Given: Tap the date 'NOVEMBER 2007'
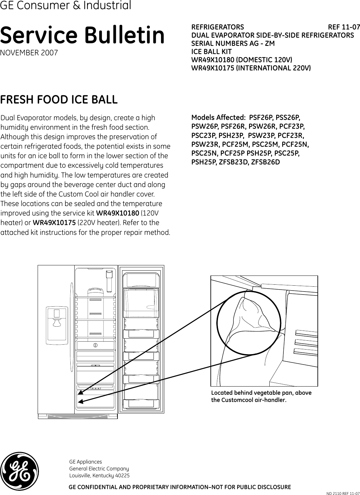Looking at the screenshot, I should coord(29,53).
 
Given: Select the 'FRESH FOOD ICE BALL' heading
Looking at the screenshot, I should coord(59,100).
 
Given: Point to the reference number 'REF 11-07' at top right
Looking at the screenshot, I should coord(344,27).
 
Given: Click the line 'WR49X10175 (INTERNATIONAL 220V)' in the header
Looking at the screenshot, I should coord(251,68).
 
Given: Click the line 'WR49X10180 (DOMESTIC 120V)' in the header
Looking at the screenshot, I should coord(242,60).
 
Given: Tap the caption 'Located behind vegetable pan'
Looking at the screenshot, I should coord(261,393).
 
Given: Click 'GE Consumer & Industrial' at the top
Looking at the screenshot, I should coord(65,6).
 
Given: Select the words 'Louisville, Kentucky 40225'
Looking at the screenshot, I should coord(99,475).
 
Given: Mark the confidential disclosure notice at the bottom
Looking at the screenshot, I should coord(180,487).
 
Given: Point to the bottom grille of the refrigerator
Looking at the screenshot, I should coord(78,416).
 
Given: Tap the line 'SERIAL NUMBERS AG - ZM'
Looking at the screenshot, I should coord(233,43).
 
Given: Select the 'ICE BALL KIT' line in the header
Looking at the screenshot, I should coord(211,51).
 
